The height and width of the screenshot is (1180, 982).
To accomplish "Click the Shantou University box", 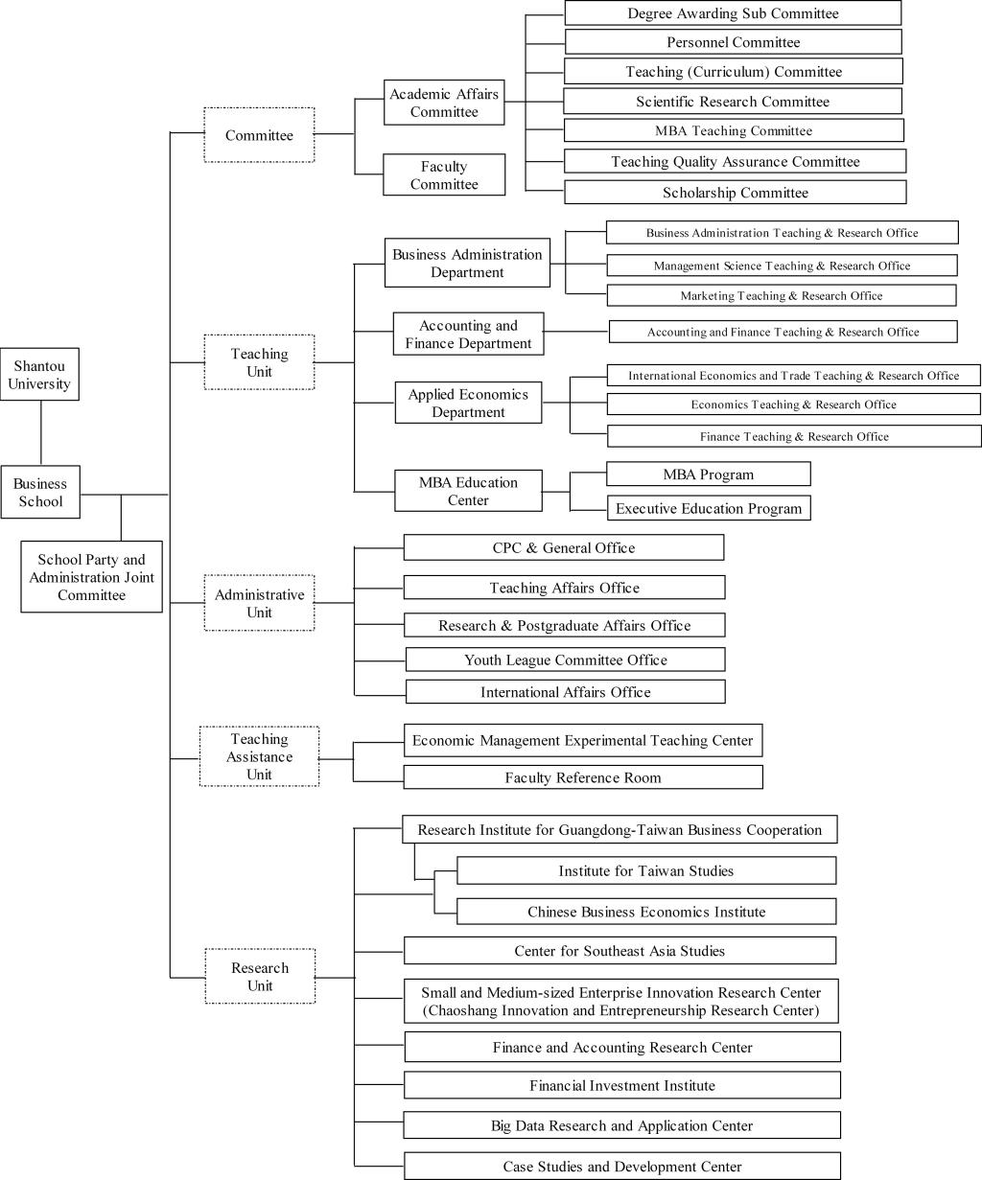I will [x=40, y=375].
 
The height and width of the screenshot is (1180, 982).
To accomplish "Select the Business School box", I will [x=40, y=493].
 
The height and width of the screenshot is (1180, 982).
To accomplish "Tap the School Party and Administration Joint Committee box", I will [x=91, y=577].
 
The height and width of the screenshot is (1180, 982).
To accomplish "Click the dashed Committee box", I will [x=259, y=135].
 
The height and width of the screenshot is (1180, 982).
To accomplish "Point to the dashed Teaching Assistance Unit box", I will [x=259, y=756].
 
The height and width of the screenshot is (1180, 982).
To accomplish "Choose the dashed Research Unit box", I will [x=260, y=976].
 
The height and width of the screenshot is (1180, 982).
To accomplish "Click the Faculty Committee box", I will [x=444, y=175].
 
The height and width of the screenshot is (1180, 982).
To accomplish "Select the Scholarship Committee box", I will [x=735, y=193].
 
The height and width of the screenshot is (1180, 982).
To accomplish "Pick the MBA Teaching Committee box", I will [x=734, y=130].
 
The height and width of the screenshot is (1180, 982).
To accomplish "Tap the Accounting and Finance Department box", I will [x=468, y=335].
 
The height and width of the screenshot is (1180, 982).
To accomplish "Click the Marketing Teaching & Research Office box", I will [x=781, y=295].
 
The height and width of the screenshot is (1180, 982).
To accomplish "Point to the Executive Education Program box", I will [x=709, y=508].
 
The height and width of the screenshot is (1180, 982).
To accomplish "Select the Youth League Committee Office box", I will [x=565, y=659].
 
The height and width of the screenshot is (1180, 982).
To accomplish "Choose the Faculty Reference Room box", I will [x=583, y=777].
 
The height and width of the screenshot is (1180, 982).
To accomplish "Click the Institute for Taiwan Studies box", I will [x=645, y=870].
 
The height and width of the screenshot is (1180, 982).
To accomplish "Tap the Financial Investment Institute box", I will [x=622, y=1085].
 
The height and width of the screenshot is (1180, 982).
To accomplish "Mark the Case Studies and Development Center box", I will [x=622, y=1167].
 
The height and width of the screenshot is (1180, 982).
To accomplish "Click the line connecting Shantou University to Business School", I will [x=40, y=432].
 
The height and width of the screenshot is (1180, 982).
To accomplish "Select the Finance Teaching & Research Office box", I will [x=794, y=436].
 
